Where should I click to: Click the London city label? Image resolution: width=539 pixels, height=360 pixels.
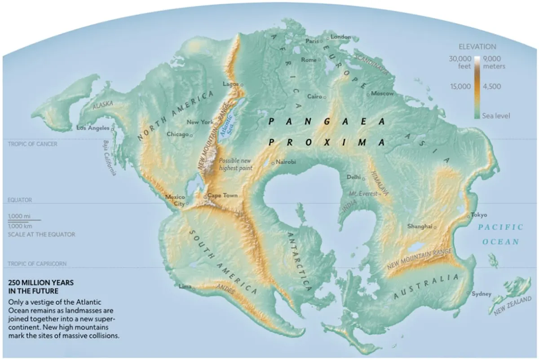click(x=340, y=37)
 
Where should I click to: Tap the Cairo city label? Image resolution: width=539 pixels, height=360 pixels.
click(x=314, y=97)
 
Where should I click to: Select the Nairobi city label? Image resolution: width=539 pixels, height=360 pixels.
click(x=286, y=162)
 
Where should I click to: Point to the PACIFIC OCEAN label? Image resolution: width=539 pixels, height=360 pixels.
click(x=500, y=234)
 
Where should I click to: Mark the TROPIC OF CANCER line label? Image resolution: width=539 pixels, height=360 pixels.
click(x=32, y=144)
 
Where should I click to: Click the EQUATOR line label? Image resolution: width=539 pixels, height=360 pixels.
click(x=20, y=200)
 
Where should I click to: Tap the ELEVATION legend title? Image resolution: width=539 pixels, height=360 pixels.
click(x=477, y=47)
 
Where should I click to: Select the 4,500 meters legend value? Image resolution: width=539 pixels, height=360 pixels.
click(x=492, y=87)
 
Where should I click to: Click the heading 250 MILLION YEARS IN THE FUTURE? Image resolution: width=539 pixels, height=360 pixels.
click(x=40, y=287)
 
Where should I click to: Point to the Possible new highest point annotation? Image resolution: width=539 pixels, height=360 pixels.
click(x=235, y=164)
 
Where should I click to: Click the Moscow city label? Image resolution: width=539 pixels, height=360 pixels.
click(x=382, y=94)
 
